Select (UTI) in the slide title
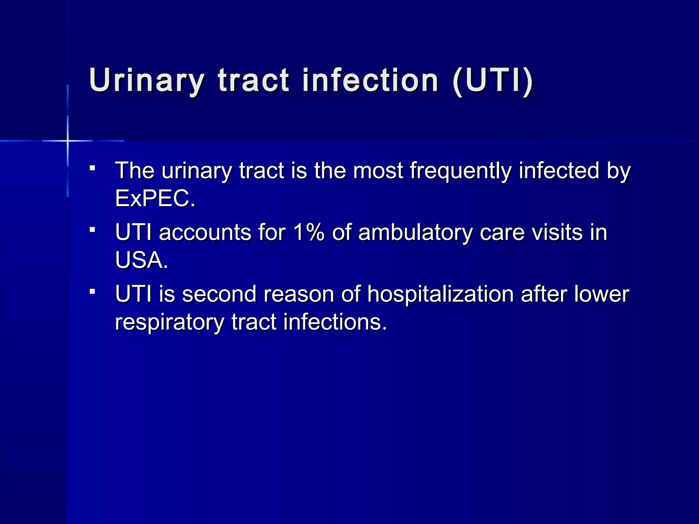pos(492,81)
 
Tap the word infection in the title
pos(370,81)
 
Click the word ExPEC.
pos(155,198)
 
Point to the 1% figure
pos(309,232)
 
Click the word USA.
pos(141,260)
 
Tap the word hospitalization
pos(440,294)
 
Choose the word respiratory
pos(169,322)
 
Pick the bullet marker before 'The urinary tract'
pos(92,168)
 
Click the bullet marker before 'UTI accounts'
pos(92,230)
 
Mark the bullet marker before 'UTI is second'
pos(92,291)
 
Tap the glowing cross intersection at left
pos(68,141)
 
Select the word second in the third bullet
pos(219,294)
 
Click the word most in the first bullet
pos(378,171)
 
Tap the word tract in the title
pos(254,81)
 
